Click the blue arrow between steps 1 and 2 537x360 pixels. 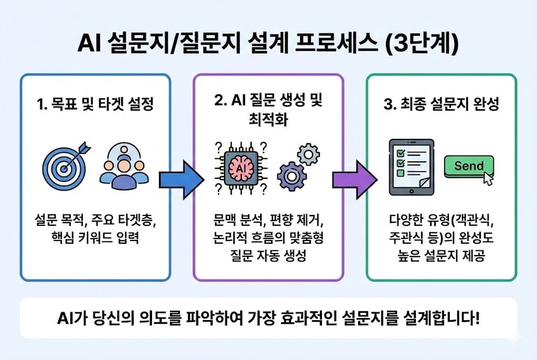181,178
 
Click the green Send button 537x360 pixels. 468,167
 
